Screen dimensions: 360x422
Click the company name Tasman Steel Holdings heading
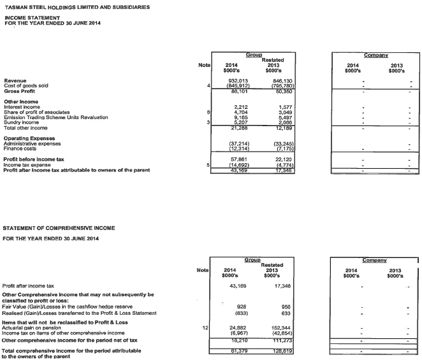(77, 7)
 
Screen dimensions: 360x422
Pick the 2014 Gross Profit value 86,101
(237, 91)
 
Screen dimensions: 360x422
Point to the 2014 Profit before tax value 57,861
(237, 159)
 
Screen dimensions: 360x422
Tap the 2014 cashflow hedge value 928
(242, 307)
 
